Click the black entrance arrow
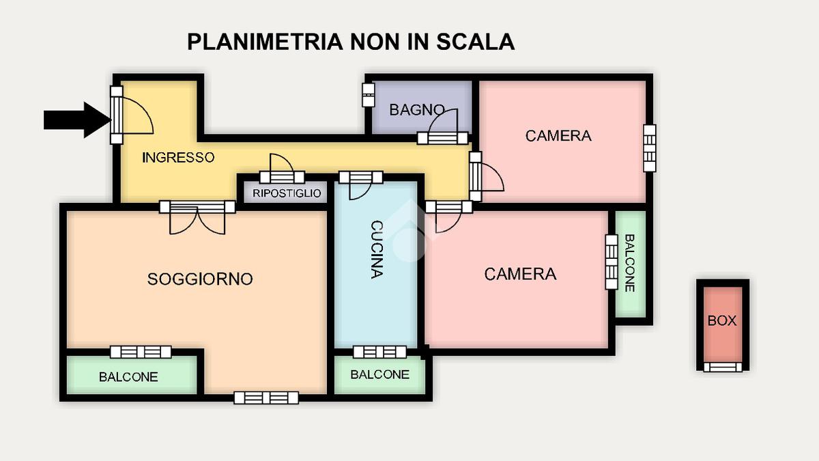(77, 120)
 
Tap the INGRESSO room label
(178, 158)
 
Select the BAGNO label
(417, 110)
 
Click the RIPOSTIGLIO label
(287, 193)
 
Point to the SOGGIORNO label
(200, 279)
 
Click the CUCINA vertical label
(377, 249)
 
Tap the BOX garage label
(722, 321)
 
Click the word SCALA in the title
(476, 42)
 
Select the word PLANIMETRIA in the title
(265, 42)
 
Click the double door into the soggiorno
(197, 217)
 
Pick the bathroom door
(443, 127)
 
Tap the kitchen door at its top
(361, 185)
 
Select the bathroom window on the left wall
(368, 95)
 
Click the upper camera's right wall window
(649, 148)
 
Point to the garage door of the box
(723, 367)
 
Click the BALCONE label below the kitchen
(380, 375)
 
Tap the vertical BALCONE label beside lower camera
(629, 263)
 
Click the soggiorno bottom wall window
(266, 397)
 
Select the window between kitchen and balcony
(380, 352)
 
